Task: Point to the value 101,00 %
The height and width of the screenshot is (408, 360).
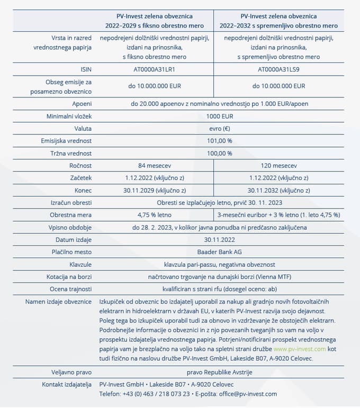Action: click(220, 141)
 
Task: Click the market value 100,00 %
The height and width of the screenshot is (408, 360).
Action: click(220, 153)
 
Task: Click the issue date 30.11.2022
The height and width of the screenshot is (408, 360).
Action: click(220, 240)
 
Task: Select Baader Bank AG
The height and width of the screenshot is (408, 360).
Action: click(220, 252)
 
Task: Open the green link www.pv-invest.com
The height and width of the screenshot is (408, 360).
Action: click(300, 349)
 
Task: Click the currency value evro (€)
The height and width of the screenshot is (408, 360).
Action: click(220, 129)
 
